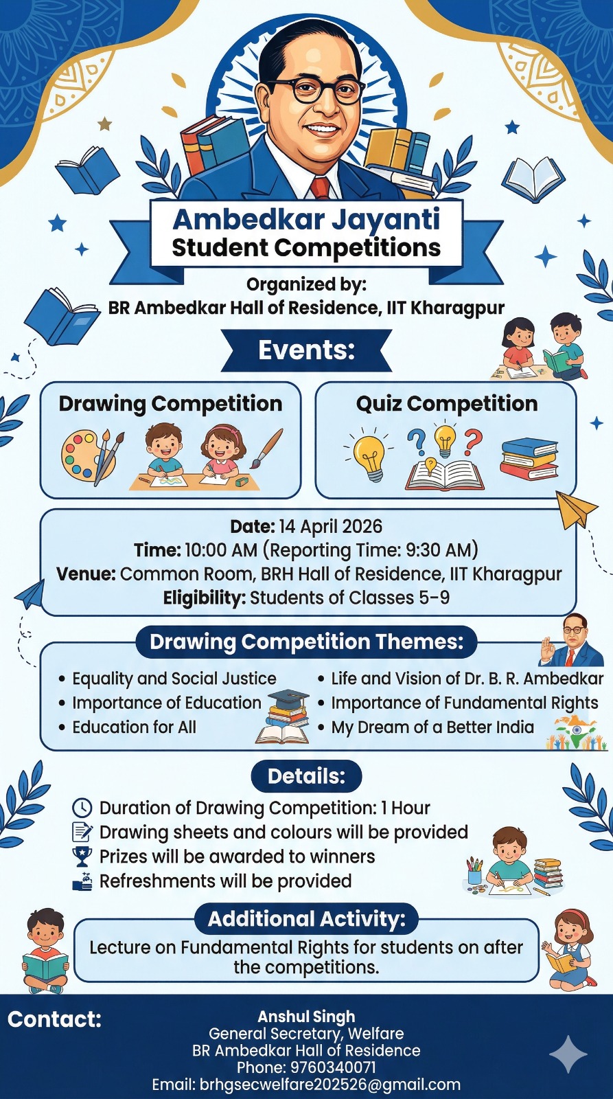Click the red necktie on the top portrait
(320, 188)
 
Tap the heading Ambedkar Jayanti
(306, 219)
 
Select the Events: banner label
(306, 350)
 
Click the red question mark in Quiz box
(473, 441)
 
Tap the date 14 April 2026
(331, 526)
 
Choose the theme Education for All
(135, 727)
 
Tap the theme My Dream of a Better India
(432, 727)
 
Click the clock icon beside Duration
(82, 807)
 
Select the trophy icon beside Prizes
(82, 856)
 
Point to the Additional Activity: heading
(306, 918)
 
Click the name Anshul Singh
(306, 1017)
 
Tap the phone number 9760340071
(334, 1067)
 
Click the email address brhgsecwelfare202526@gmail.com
(330, 1085)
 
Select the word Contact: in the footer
(54, 1019)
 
